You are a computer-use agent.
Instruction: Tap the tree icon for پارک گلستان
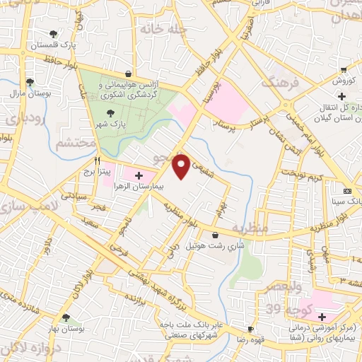(x=54, y=33)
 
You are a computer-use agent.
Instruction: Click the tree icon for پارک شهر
(x=110, y=112)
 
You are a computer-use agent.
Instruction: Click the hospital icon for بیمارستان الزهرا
(x=139, y=175)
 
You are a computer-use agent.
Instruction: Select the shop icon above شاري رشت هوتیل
(x=215, y=234)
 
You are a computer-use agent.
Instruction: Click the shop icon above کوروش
(x=343, y=70)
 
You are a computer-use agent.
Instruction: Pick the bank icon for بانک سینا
(x=347, y=191)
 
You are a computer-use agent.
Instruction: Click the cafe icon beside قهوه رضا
(x=250, y=329)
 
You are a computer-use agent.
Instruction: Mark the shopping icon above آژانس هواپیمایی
(x=127, y=73)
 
